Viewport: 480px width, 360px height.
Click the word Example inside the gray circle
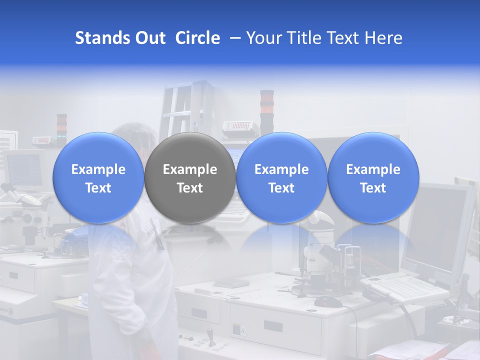(x=190, y=169)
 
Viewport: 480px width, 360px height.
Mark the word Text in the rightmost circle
(x=373, y=188)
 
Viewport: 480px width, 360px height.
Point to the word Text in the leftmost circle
(x=98, y=188)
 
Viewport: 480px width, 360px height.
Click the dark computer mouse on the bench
(x=328, y=301)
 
